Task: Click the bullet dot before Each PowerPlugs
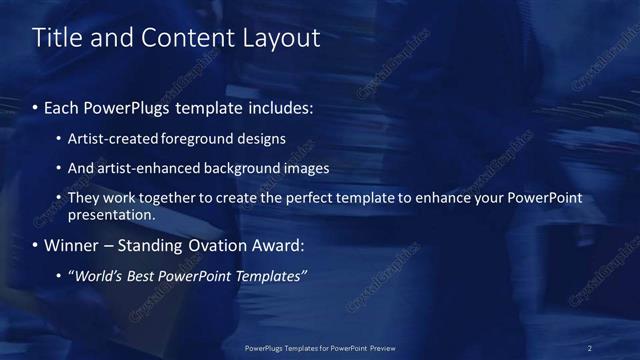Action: pos(37,105)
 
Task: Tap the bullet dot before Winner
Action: pos(37,245)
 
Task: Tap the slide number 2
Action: pos(590,347)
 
